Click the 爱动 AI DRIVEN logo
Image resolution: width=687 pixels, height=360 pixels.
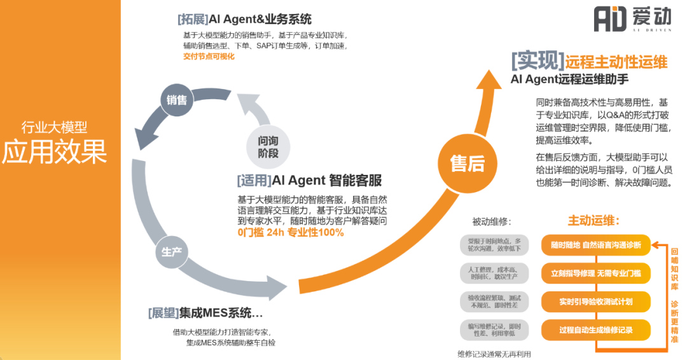pos(632,18)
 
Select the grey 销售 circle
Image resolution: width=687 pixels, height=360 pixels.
pos(177,100)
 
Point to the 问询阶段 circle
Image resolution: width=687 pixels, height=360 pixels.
pos(268,148)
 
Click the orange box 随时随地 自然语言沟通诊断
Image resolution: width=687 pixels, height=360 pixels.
pos(595,245)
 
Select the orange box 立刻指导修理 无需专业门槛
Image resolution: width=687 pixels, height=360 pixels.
pos(595,273)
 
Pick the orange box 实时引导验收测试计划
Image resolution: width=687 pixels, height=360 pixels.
pos(595,301)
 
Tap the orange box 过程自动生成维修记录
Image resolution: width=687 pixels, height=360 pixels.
pos(595,330)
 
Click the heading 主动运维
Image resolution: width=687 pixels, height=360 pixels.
pos(593,221)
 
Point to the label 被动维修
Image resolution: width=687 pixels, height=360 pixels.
pos(492,222)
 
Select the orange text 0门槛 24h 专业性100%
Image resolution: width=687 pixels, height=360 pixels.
pos(290,233)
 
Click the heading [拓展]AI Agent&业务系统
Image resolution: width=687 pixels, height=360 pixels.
pos(245,19)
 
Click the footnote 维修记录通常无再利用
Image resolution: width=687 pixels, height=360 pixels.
pos(494,354)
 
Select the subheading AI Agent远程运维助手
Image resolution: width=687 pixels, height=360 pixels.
pos(569,80)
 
